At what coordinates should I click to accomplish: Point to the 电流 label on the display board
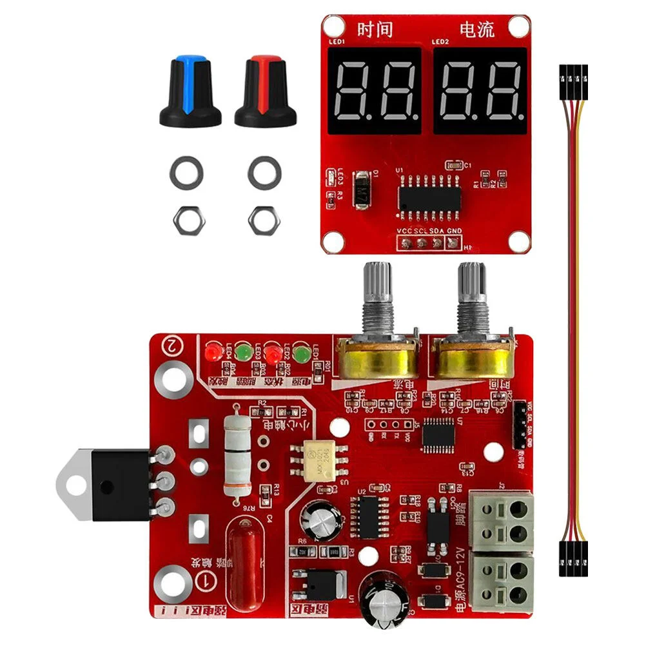(478, 30)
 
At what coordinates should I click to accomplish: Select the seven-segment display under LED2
(480, 91)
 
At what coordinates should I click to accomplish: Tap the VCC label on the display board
(405, 231)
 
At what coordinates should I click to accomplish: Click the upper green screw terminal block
(502, 521)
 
